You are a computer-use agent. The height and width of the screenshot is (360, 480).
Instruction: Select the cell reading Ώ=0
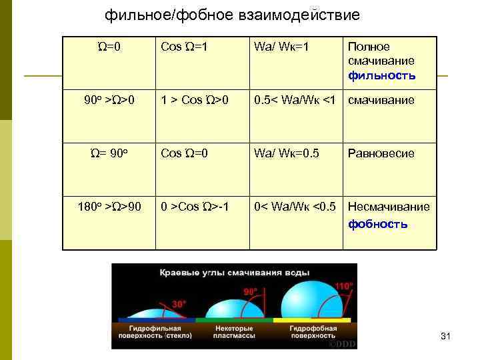tap(108, 47)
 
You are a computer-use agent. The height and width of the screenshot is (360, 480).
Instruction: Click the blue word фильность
tap(382, 75)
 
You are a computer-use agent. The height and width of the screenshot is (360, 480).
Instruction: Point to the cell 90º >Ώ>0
tap(109, 101)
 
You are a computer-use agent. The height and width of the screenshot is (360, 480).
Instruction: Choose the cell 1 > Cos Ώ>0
tap(194, 101)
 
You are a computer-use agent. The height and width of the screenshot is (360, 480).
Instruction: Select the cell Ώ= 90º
tap(109, 153)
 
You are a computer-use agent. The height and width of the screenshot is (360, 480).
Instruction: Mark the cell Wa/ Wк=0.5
tap(286, 153)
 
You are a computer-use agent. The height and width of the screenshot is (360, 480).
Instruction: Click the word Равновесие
tap(381, 153)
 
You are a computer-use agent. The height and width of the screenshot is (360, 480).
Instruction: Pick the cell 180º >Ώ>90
tap(108, 206)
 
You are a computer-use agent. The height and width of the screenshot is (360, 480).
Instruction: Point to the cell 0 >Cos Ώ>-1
tap(195, 206)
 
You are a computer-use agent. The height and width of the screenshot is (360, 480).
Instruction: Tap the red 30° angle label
tap(179, 304)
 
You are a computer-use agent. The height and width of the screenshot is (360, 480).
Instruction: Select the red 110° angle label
tap(343, 286)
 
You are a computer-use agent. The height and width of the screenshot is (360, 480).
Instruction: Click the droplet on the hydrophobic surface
tap(313, 303)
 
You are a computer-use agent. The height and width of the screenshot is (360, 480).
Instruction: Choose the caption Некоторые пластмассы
tap(233, 331)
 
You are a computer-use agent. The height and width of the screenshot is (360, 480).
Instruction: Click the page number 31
tap(446, 338)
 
